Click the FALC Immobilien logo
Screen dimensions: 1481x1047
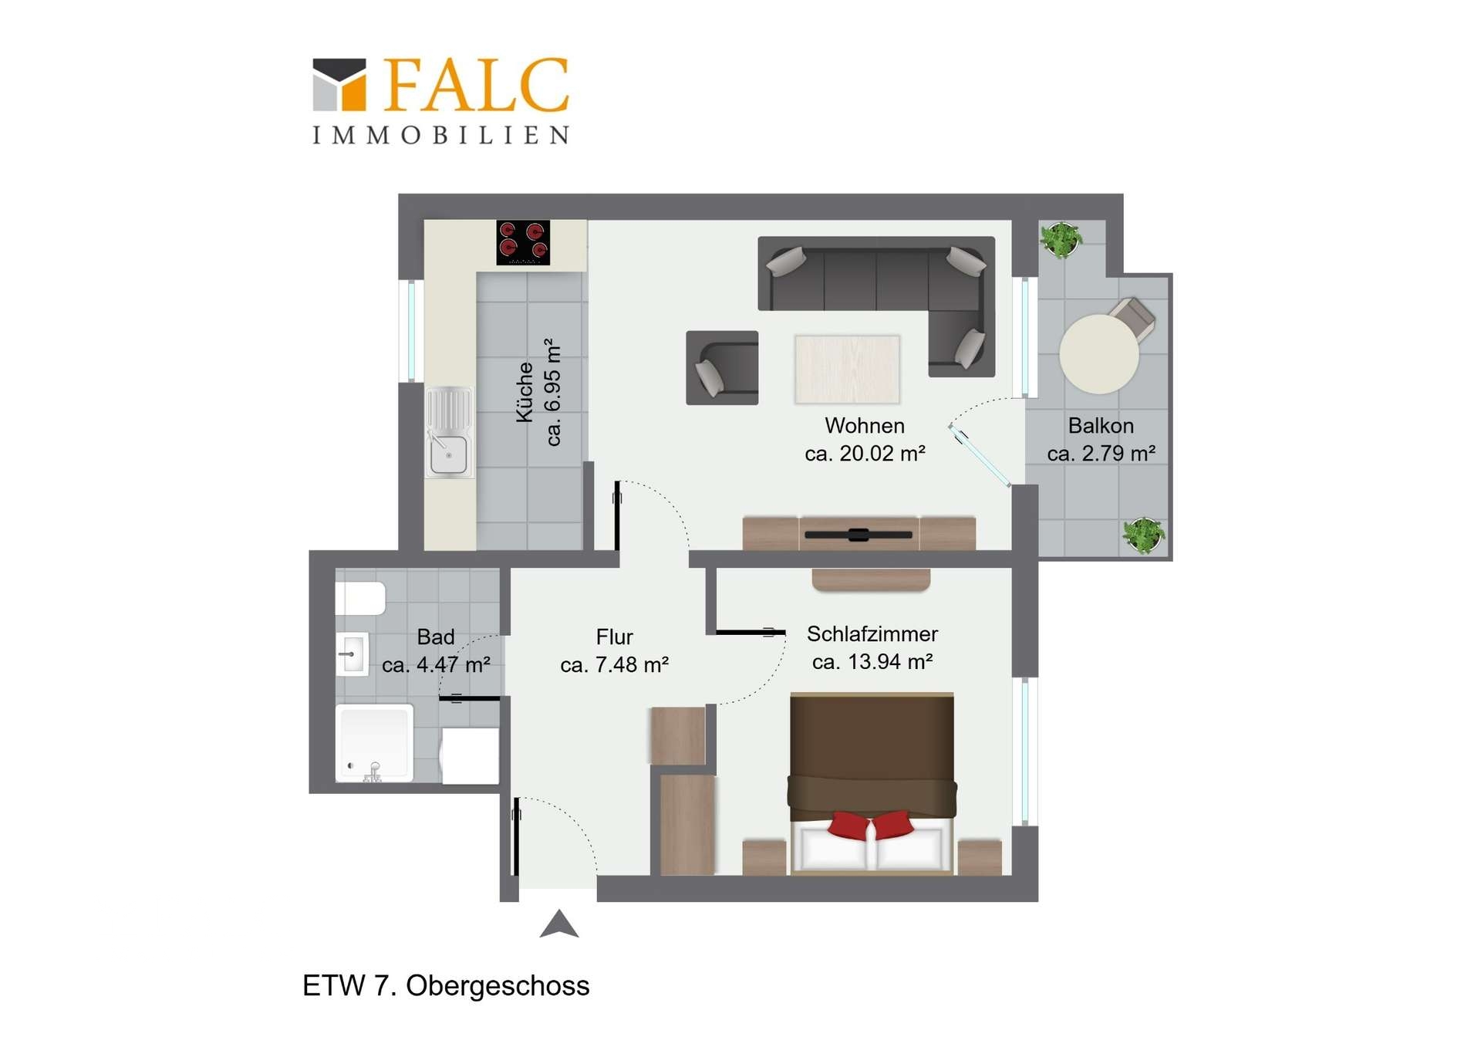[441, 100]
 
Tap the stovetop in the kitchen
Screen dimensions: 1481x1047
[523, 242]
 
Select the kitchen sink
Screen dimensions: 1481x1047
[449, 431]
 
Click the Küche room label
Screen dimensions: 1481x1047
[525, 392]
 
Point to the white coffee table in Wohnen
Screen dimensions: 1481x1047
[847, 369]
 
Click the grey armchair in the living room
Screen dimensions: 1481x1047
[722, 367]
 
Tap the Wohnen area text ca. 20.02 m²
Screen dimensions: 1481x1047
[865, 454]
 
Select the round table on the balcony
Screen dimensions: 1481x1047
[1098, 354]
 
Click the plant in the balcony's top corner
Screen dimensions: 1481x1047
[1061, 239]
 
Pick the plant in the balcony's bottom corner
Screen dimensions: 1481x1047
[1143, 535]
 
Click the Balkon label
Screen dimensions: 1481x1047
[1101, 426]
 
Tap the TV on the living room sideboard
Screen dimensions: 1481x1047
[859, 535]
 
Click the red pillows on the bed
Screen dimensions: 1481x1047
[871, 825]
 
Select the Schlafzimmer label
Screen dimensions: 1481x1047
[872, 634]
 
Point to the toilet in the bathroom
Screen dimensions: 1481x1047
[360, 599]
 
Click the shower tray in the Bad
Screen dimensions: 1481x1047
[374, 743]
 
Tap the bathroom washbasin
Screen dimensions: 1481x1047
[353, 654]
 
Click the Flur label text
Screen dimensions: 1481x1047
[614, 637]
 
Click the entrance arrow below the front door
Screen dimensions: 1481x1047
[559, 924]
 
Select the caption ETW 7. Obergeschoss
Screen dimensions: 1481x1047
[446, 986]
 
